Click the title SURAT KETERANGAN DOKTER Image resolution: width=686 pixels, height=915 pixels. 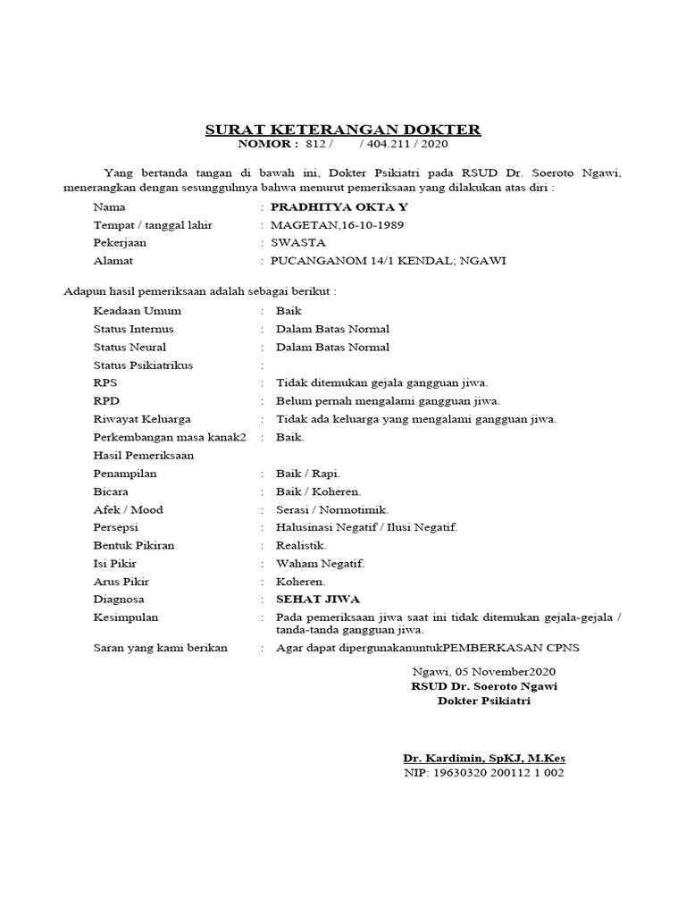(x=343, y=130)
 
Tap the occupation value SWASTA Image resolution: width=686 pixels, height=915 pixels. (x=298, y=242)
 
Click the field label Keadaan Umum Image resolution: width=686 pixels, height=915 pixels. (x=137, y=311)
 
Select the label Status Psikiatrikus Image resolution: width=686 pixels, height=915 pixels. (x=143, y=365)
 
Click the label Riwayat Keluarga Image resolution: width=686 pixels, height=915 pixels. (x=141, y=419)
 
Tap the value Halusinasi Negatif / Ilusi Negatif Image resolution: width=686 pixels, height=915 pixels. (x=366, y=527)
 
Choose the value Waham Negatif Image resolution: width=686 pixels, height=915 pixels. (x=320, y=563)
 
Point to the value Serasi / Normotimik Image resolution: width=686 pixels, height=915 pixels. (x=331, y=509)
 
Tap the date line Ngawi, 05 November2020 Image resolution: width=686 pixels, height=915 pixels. (x=484, y=671)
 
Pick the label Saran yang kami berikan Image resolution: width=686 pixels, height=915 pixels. (x=160, y=648)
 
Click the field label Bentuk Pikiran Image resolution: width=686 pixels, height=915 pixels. (x=134, y=545)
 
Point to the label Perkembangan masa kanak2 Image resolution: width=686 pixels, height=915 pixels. (x=170, y=437)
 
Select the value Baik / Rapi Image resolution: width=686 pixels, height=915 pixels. (x=308, y=474)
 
